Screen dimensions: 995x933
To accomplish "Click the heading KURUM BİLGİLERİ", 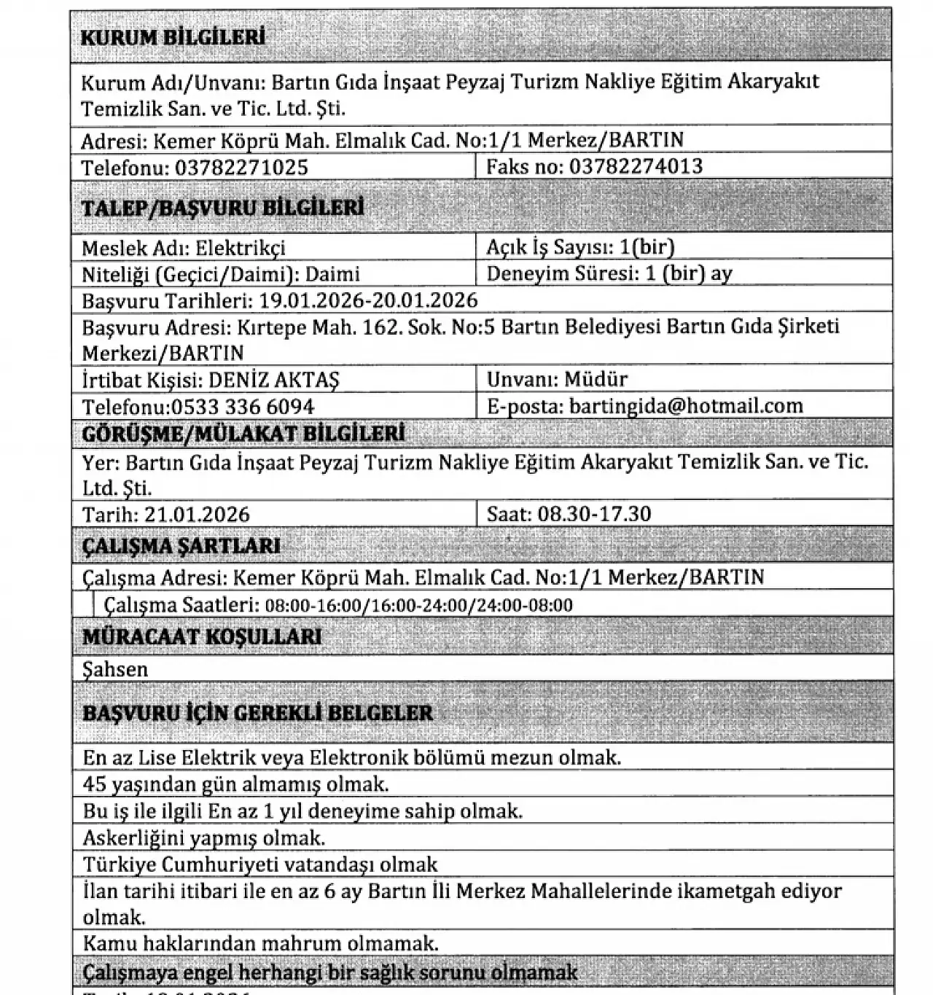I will (x=172, y=38).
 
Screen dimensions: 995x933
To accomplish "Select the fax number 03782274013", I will (x=636, y=167).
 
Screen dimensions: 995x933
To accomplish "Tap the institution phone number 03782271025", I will (x=241, y=168).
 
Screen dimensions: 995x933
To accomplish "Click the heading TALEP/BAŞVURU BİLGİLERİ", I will (x=222, y=208).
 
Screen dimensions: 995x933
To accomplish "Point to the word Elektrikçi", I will (x=240, y=248).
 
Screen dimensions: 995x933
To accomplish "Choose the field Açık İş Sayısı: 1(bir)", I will (x=580, y=248).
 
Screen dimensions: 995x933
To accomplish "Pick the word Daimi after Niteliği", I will (x=332, y=275).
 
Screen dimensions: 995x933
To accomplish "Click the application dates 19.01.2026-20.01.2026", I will (x=368, y=300).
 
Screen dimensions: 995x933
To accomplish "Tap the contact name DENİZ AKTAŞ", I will (x=273, y=380).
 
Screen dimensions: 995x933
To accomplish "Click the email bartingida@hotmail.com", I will (x=686, y=406).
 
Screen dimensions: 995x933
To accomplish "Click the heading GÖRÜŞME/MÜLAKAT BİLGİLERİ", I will (x=243, y=434).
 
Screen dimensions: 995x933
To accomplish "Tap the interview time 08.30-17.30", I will (x=594, y=515).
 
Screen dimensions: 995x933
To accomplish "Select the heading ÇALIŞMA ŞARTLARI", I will (x=181, y=547).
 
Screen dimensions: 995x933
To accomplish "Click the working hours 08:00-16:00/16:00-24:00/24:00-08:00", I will (x=418, y=606).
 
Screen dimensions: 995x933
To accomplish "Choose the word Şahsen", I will (x=115, y=669).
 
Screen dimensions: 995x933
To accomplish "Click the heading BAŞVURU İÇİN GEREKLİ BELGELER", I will (x=257, y=713).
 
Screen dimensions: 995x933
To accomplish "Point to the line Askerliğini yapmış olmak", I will (x=203, y=838).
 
